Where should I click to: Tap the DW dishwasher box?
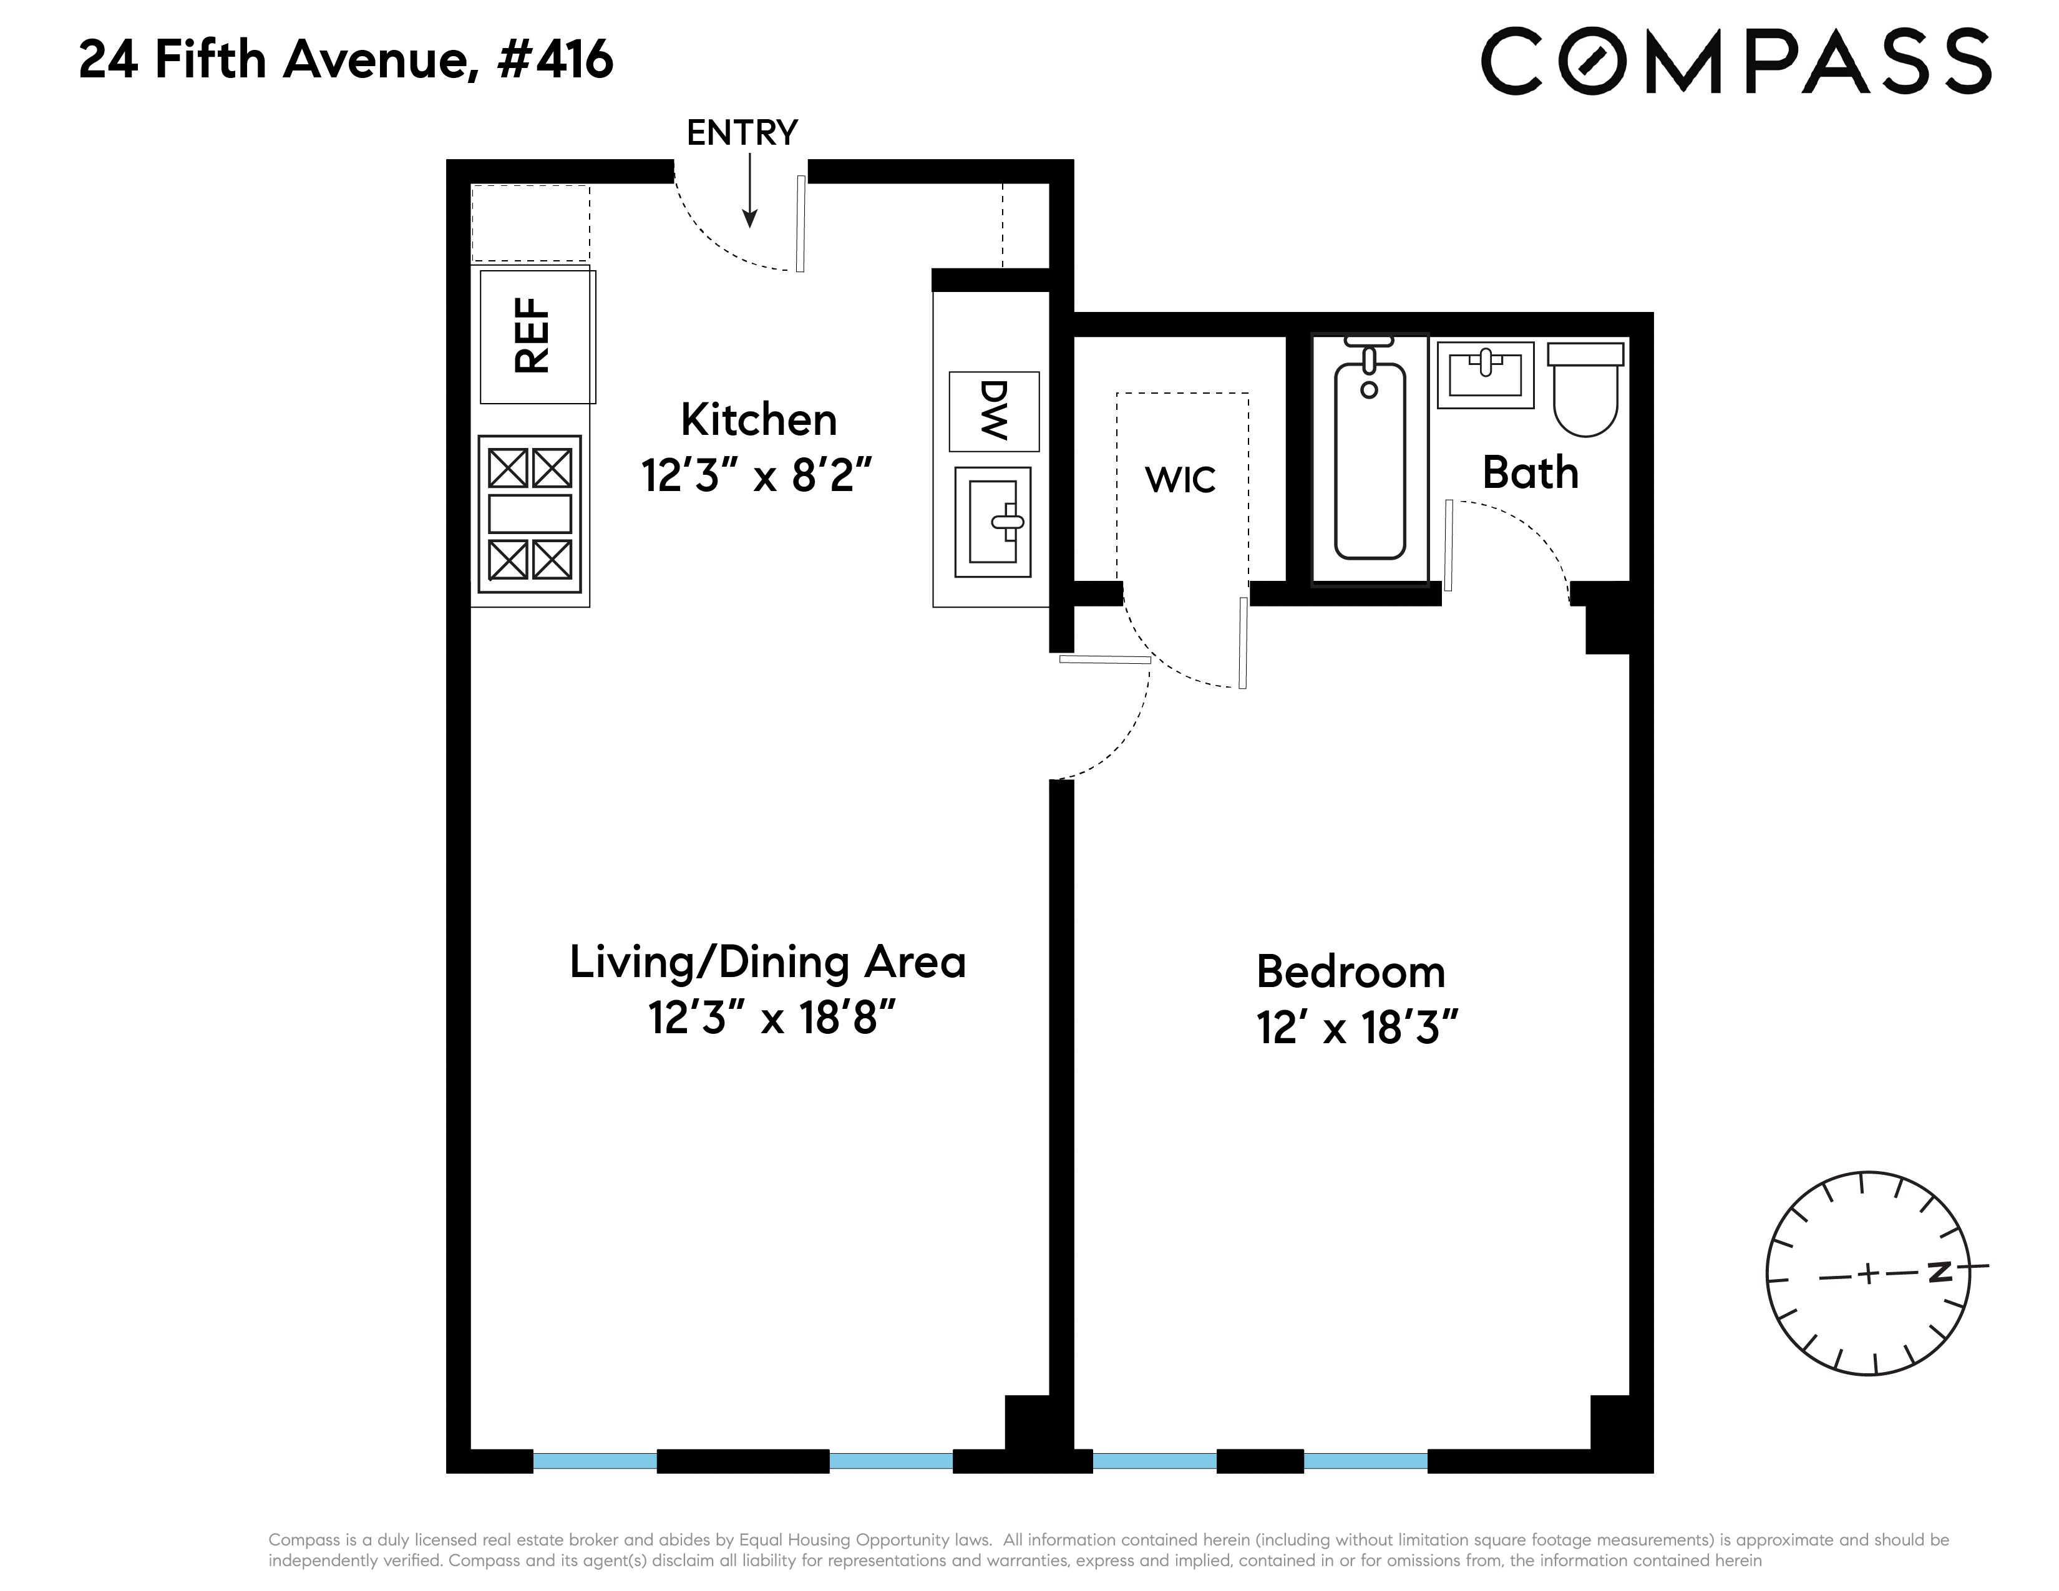994,412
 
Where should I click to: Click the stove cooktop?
530,513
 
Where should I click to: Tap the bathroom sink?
1486,374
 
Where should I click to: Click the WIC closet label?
1180,480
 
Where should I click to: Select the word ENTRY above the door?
742,133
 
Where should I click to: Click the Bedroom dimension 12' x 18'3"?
1358,1028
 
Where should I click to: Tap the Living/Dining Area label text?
767,962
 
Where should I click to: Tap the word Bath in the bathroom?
1530,472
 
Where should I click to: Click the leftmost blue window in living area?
595,1461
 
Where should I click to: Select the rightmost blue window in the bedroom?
1366,1461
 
